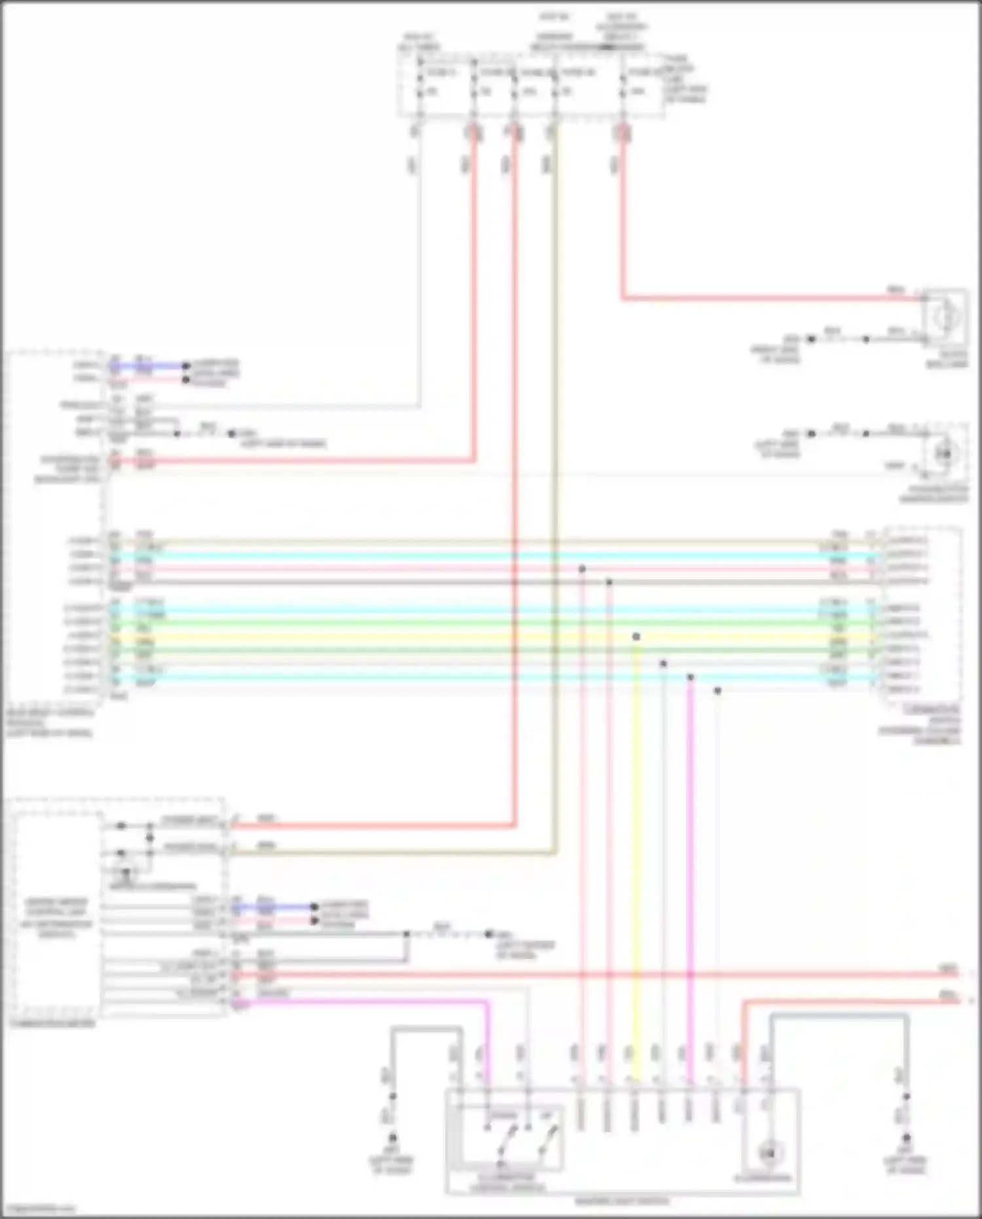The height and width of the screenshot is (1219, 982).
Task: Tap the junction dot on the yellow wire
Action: click(636, 637)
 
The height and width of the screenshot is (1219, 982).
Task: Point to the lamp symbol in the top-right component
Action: click(946, 317)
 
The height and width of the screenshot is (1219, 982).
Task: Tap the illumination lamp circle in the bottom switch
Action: click(769, 1152)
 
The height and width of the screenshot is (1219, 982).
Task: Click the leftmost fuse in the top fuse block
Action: click(420, 82)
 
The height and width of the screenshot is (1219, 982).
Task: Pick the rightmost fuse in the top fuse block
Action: click(623, 82)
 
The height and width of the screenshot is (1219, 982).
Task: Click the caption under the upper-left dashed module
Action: click(50, 722)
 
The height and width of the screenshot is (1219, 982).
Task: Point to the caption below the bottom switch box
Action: click(622, 1201)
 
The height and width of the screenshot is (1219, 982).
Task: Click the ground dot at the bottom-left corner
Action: click(393, 1138)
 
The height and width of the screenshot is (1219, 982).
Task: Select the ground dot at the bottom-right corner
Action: click(906, 1138)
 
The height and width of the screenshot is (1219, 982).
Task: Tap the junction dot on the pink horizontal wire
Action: click(582, 569)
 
